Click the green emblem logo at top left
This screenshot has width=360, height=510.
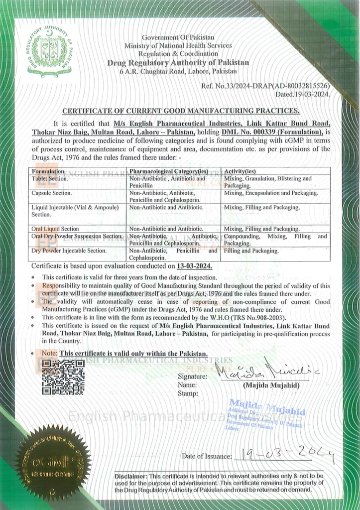[50, 52]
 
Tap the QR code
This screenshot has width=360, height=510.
[63, 377]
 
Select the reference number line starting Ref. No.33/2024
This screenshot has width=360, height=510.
[265, 86]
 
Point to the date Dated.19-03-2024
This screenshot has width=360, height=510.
[302, 94]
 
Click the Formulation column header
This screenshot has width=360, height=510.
[48, 171]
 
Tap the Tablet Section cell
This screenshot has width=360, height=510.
[50, 178]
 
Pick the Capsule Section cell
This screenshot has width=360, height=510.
[52, 193]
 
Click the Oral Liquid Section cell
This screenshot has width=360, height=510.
[55, 229]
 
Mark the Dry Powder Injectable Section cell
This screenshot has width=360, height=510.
[69, 251]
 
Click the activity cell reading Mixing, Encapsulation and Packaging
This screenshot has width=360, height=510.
[271, 193]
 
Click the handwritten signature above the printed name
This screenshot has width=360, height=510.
[269, 371]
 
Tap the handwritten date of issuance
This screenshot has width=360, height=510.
[284, 454]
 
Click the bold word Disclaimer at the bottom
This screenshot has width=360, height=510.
[130, 476]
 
